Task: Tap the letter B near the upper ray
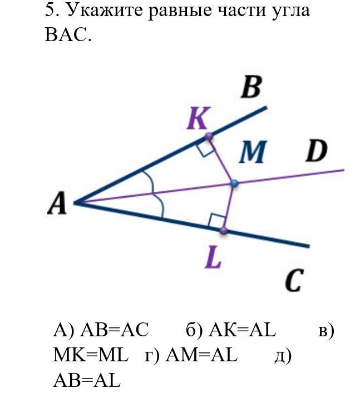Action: pos(251,88)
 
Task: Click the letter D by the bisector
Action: pos(315,152)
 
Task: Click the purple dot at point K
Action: pos(209,136)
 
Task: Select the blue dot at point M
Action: pos(234,183)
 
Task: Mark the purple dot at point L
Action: pos(224,230)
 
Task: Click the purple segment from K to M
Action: pos(221,159)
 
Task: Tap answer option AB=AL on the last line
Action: pos(87,380)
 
